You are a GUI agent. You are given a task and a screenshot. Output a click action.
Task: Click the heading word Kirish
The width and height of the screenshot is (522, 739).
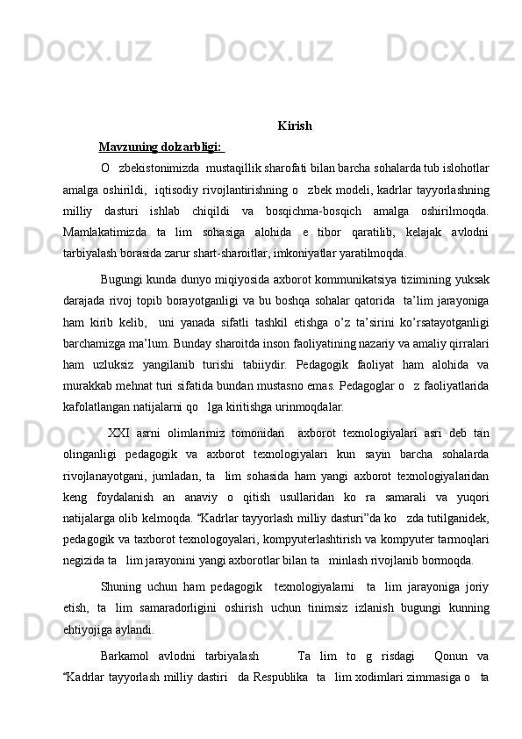pos(294,126)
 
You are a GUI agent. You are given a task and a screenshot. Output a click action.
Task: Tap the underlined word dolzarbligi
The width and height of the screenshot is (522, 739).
pos(188,147)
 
